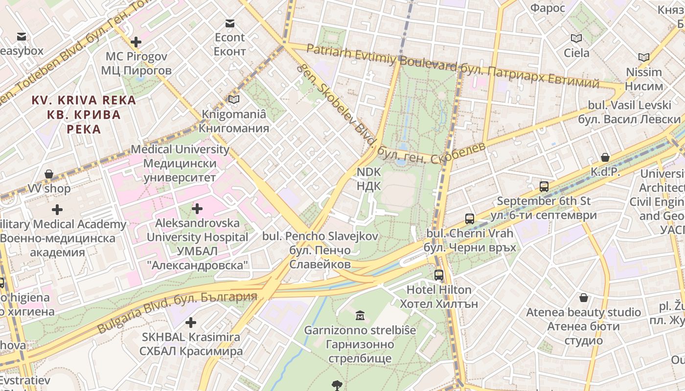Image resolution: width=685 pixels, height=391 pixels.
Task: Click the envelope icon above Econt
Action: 229,23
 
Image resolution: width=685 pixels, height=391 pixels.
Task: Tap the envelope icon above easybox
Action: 22,37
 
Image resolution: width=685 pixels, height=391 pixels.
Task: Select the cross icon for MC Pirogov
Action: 136,42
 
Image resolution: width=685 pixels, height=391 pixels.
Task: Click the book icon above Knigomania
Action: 234,100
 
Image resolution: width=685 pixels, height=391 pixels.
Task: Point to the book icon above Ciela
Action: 576,38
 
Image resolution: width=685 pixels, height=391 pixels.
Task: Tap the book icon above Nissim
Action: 644,58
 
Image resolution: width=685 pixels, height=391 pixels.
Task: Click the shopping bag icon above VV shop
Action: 49,174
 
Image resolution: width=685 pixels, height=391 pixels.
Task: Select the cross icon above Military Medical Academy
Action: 57,210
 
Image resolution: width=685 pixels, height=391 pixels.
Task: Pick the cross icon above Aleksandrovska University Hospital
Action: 197,209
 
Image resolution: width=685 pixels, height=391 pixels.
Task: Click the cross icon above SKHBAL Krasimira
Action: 191,323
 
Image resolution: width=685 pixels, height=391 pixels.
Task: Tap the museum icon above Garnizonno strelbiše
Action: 360,315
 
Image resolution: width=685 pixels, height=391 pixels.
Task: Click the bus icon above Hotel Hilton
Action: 439,275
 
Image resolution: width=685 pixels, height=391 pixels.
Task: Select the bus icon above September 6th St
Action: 544,186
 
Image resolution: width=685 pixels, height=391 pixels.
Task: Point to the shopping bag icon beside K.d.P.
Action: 605,157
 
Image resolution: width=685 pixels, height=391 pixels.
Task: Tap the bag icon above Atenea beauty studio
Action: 583,298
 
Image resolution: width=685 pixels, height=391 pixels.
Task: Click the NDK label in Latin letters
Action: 368,172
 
